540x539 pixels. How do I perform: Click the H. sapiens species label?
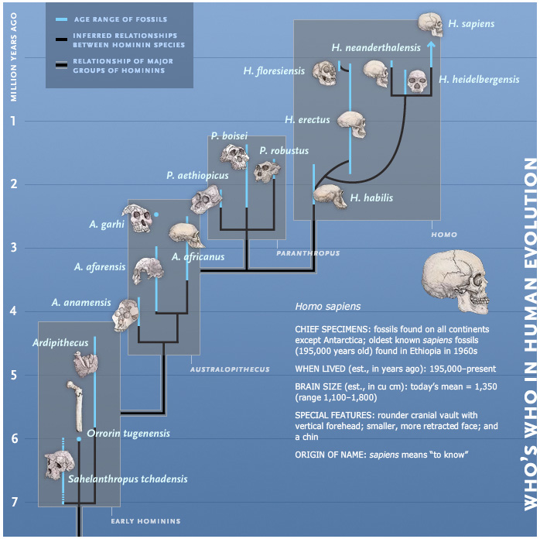(x=470, y=24)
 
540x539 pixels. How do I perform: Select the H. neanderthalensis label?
(x=375, y=48)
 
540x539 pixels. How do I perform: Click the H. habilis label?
(x=371, y=197)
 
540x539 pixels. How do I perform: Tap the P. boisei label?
(x=234, y=136)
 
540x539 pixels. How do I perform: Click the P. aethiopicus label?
(x=197, y=176)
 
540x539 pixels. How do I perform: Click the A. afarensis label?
(x=100, y=267)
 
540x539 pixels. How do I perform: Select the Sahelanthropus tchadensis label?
(x=128, y=479)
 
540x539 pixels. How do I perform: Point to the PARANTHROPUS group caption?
(x=307, y=252)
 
